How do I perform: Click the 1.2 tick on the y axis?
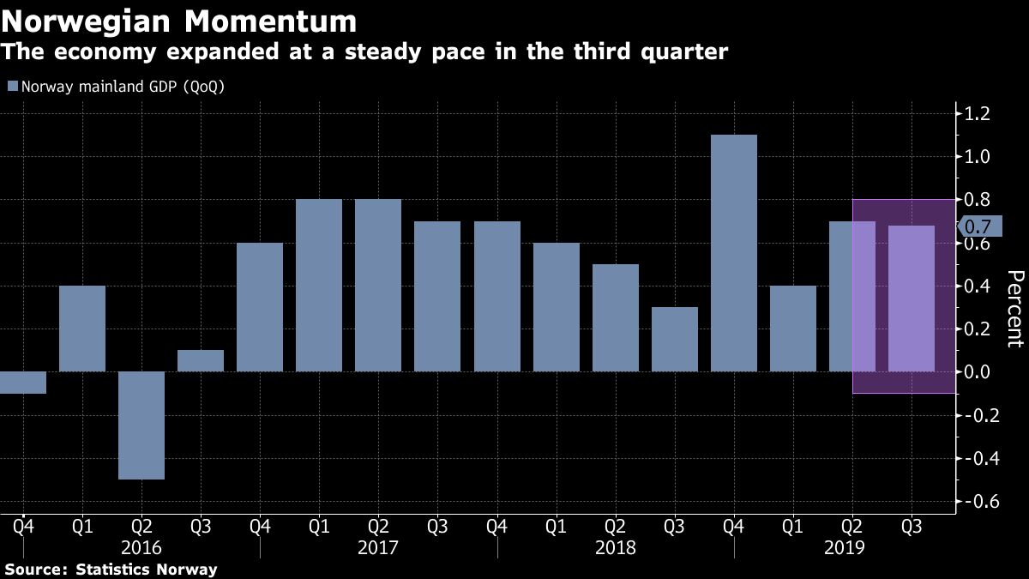pos(978,113)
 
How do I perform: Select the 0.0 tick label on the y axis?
pos(978,371)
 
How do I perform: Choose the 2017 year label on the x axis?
pos(377,546)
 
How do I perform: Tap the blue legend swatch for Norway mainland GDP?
pos(11,87)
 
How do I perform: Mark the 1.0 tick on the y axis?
pos(978,156)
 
